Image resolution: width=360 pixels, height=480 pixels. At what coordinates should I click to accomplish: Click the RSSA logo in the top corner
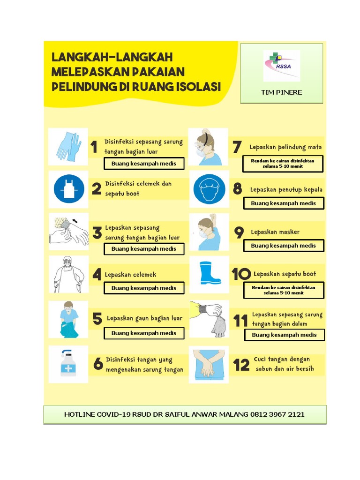(x=281, y=66)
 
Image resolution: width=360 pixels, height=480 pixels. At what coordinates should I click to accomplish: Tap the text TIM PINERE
(x=281, y=92)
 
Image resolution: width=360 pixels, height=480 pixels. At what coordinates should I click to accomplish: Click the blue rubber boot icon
(x=210, y=273)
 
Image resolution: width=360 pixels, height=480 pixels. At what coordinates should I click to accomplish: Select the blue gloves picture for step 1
(x=68, y=146)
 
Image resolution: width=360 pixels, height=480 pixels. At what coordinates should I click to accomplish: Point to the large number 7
(x=237, y=147)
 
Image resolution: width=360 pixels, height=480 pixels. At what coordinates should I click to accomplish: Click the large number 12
(x=241, y=365)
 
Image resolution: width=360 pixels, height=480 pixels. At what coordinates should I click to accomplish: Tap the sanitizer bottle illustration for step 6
(x=68, y=364)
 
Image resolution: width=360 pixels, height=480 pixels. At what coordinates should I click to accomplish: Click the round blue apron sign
(x=68, y=189)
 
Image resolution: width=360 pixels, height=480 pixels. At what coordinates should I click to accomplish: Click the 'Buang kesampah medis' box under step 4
(x=144, y=288)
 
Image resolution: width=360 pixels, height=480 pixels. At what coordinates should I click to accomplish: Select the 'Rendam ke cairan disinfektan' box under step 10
(x=284, y=290)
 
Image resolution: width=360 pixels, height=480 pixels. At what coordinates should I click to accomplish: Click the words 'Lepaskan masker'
(x=275, y=232)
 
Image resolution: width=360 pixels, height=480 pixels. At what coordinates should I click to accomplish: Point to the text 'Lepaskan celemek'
(x=130, y=275)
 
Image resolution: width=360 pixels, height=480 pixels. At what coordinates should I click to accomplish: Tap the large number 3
(x=97, y=233)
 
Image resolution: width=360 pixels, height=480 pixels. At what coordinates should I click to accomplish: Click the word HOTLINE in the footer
(x=82, y=414)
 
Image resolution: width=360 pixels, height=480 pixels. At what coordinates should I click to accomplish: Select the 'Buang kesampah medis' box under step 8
(x=284, y=203)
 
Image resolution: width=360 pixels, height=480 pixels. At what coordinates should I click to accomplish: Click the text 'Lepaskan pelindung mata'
(x=285, y=147)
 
